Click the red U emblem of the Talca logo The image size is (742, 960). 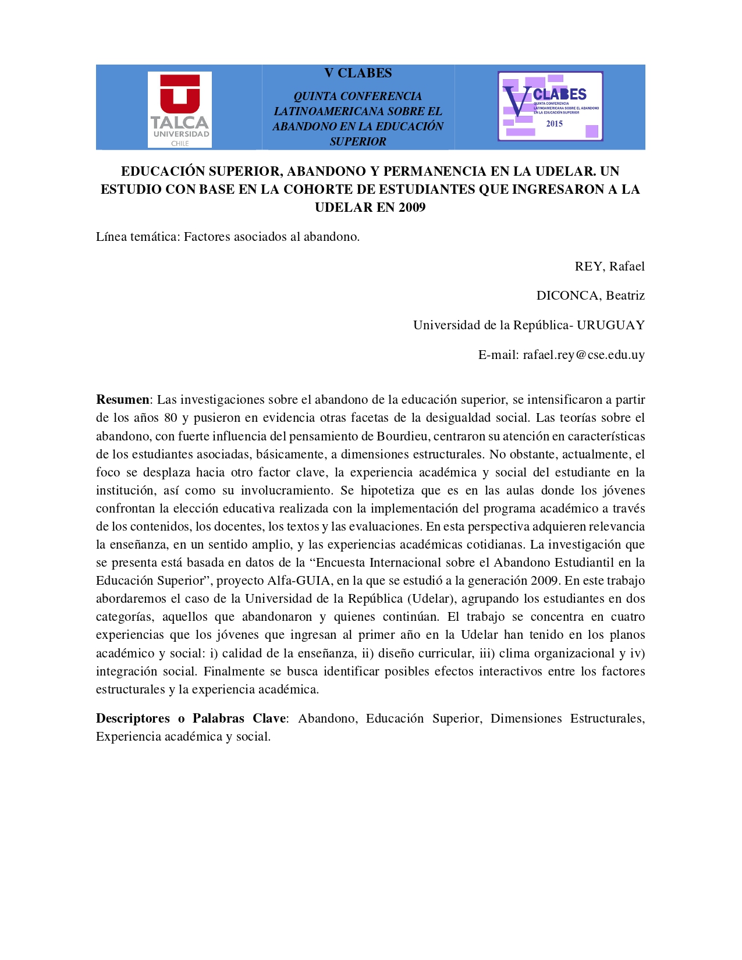(x=180, y=93)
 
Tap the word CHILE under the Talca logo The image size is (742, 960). (x=180, y=144)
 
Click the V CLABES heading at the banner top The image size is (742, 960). (x=358, y=73)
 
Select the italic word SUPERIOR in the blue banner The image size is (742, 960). (x=358, y=141)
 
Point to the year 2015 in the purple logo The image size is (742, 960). (x=554, y=123)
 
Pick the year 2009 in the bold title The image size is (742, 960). (x=412, y=207)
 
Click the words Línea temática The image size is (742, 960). (x=138, y=237)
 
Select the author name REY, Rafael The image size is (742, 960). (x=609, y=266)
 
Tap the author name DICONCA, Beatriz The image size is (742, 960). (x=590, y=296)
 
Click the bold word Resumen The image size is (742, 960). (x=123, y=400)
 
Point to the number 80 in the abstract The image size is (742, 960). (x=171, y=418)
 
